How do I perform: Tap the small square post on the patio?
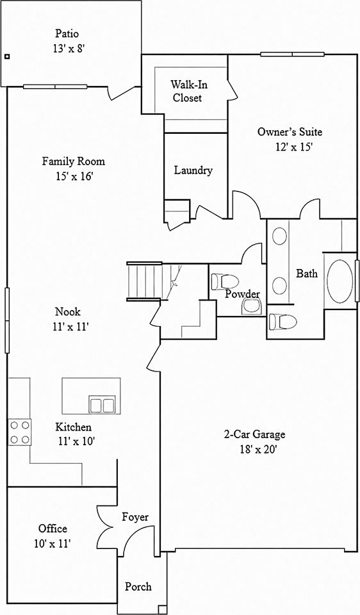click(6, 56)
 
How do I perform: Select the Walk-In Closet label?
click(188, 91)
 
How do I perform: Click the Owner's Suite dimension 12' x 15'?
click(293, 147)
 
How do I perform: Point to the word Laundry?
click(193, 170)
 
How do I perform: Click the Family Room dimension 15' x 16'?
click(74, 176)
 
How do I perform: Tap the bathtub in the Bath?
click(340, 280)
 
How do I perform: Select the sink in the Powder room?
click(251, 306)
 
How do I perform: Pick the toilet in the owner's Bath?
click(282, 322)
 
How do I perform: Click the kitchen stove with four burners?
click(20, 432)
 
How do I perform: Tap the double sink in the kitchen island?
click(102, 404)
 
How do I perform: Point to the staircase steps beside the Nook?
click(144, 281)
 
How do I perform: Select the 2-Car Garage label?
click(254, 434)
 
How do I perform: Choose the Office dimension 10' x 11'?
click(53, 543)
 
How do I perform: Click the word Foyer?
click(135, 518)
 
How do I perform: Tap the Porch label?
click(138, 587)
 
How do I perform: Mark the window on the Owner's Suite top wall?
click(293, 54)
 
